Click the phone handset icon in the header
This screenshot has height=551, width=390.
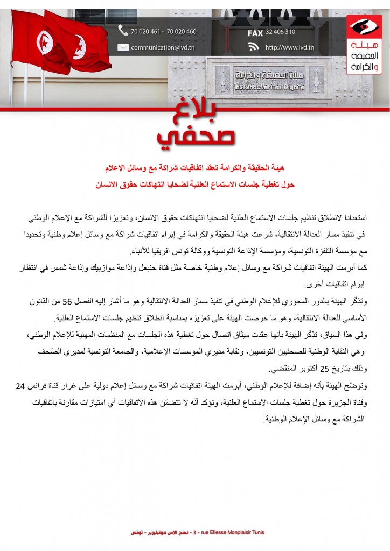coord(123,31)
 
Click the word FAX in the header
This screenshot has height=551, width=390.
coord(255,32)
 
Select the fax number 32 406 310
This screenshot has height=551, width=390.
coord(280,32)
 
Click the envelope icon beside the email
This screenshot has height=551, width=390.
coord(123,47)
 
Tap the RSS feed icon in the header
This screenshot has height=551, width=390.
coord(254,47)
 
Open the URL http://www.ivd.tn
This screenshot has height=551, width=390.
coord(289,47)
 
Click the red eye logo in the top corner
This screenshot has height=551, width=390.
coord(364,25)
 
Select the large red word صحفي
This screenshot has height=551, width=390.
coord(196,138)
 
